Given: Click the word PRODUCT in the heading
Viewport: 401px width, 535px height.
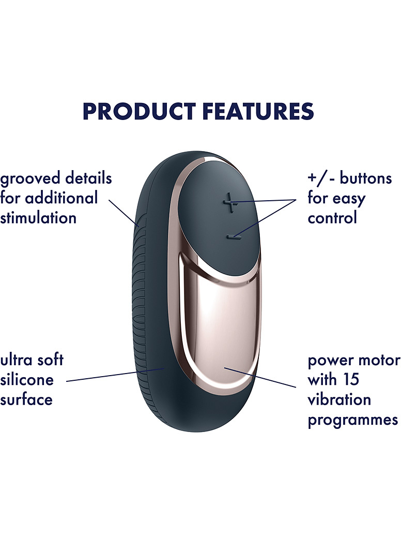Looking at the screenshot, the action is click(140, 111).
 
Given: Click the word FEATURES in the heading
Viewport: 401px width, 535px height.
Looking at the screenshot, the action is click(258, 111).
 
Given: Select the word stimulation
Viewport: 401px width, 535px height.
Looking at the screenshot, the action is click(38, 218).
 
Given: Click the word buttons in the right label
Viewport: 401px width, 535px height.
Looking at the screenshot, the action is click(366, 178).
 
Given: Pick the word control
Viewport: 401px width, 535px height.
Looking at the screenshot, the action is click(332, 218).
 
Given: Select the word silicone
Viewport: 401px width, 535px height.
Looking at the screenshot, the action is click(27, 379).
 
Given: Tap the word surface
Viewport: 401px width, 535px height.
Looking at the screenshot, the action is click(26, 400).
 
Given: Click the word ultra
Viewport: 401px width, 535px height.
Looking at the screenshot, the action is click(16, 360).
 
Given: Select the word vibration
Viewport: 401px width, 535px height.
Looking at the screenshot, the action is click(340, 399).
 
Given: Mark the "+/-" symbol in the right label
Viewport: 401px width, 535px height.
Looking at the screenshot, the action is click(321, 179).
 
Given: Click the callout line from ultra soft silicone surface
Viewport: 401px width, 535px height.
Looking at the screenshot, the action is click(116, 375).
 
